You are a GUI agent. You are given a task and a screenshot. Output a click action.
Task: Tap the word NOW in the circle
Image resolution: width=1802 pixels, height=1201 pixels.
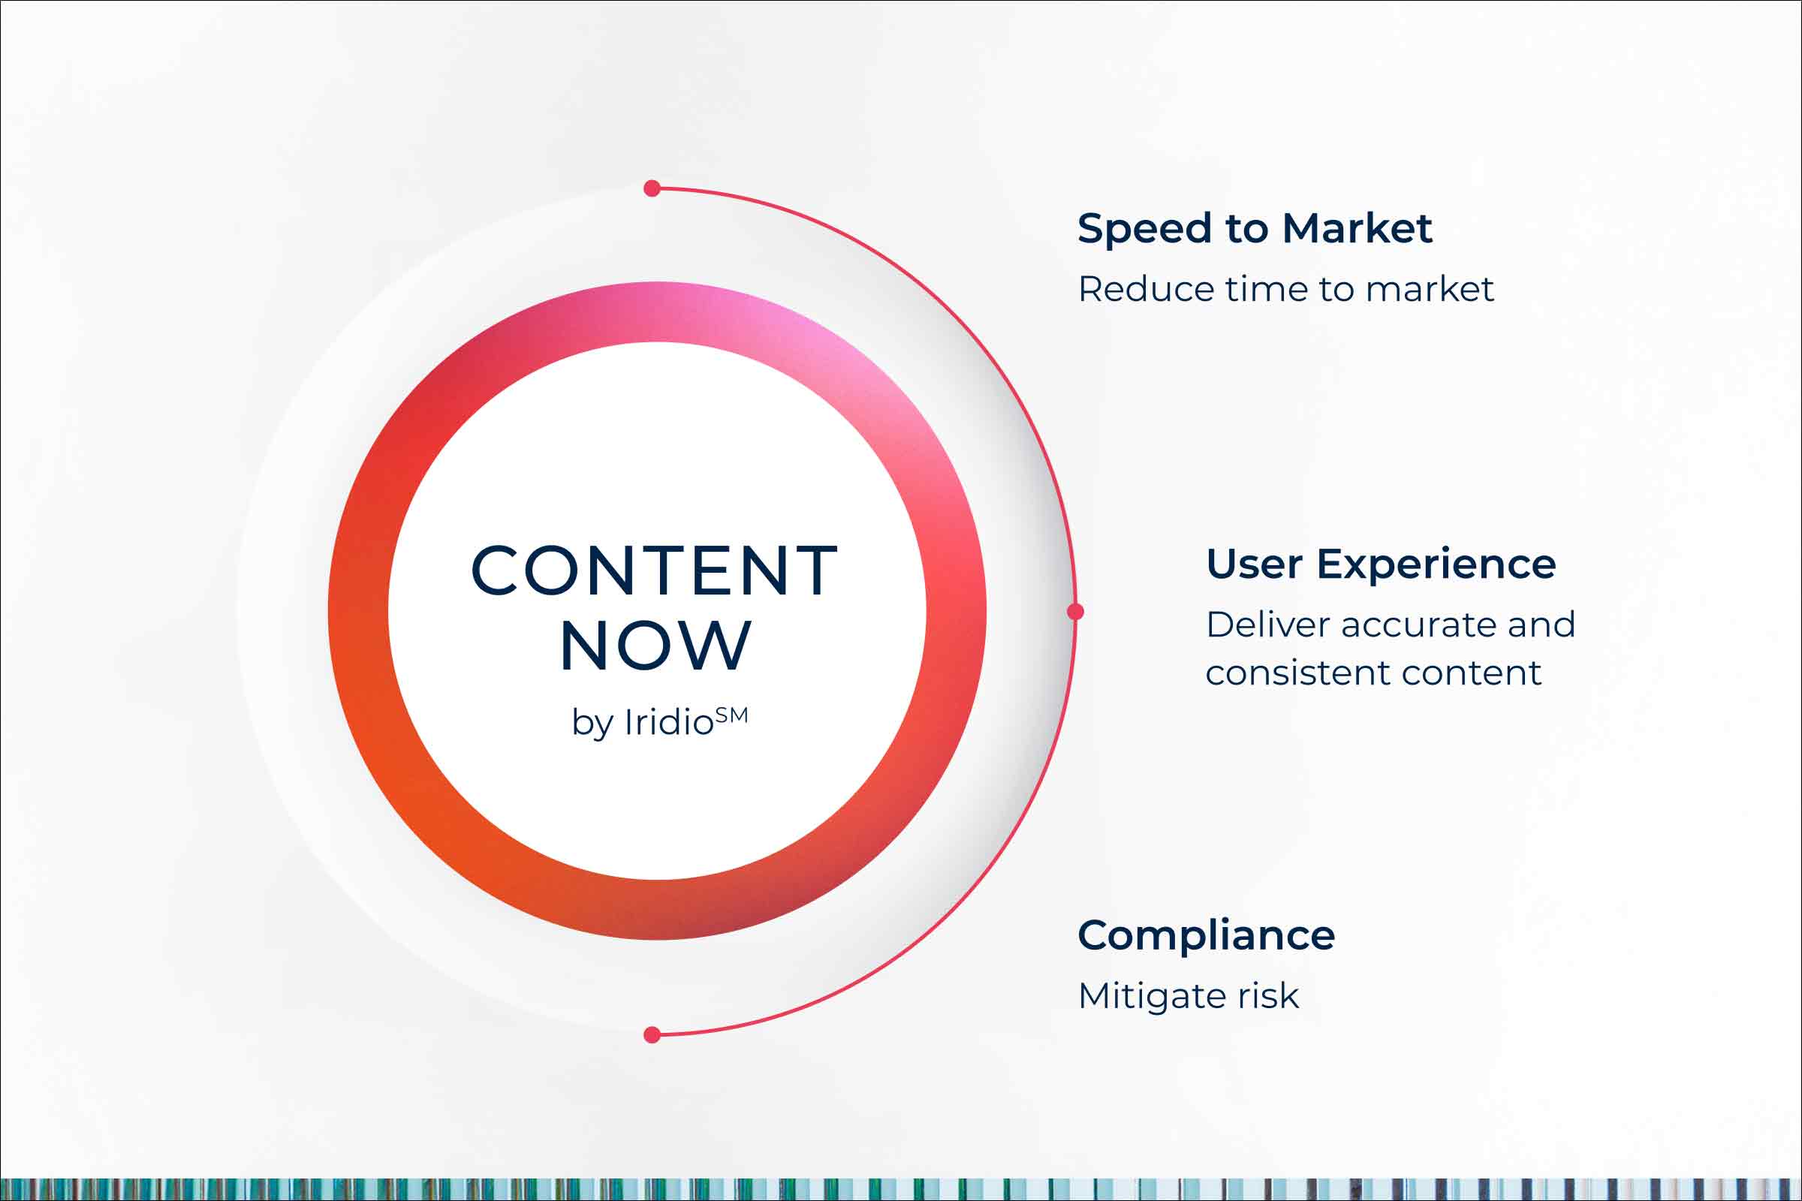655,646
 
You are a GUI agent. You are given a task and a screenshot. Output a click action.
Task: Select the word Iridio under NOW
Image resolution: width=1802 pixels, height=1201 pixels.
668,722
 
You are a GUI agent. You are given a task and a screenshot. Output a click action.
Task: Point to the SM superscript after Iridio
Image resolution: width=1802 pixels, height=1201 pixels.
731,715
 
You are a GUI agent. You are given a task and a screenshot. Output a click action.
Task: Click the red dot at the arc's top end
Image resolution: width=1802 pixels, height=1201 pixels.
652,188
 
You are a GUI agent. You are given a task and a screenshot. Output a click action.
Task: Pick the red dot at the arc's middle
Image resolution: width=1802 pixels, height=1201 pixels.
1075,611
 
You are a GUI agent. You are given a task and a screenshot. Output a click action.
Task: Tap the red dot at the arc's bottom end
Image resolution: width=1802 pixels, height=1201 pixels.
652,1036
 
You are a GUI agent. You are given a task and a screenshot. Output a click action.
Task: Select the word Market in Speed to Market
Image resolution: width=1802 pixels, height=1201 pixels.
1357,228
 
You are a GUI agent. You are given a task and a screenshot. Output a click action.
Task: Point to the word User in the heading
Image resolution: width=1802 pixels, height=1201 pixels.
1253,564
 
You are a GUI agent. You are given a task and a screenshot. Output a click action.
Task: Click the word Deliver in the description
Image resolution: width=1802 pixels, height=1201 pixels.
1267,625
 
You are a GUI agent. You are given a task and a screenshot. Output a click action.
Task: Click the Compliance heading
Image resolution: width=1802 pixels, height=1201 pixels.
1206,936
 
